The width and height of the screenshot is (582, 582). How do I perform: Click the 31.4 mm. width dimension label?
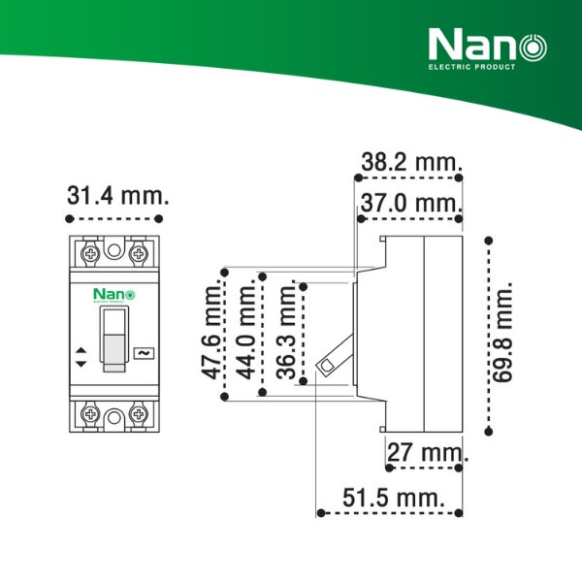[x=118, y=195]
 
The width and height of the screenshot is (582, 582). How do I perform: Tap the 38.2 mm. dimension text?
[x=412, y=162]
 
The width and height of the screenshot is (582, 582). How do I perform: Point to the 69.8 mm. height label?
[x=502, y=334]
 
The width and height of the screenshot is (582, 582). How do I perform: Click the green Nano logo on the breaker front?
[x=114, y=294]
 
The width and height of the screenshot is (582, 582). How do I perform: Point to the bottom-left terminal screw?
[x=90, y=415]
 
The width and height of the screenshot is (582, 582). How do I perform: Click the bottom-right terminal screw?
[x=140, y=415]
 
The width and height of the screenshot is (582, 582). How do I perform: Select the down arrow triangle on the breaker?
[x=81, y=362]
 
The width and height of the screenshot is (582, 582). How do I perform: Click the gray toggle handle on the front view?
[x=114, y=339]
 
